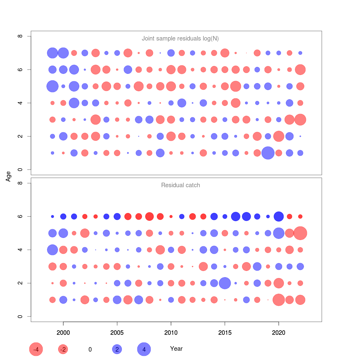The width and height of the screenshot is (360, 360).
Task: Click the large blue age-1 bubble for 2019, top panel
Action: pyautogui.click(x=268, y=153)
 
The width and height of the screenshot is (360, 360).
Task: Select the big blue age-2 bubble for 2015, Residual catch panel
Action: pyautogui.click(x=225, y=283)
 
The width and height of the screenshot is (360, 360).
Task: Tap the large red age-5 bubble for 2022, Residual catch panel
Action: pyautogui.click(x=300, y=233)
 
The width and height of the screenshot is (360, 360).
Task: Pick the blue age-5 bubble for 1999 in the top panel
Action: pyautogui.click(x=52, y=86)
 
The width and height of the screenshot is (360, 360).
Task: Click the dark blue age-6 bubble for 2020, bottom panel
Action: pyautogui.click(x=279, y=216)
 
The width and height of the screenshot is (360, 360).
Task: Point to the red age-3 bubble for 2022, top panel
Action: pyautogui.click(x=300, y=120)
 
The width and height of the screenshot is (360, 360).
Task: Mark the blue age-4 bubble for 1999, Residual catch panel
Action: pyautogui.click(x=52, y=250)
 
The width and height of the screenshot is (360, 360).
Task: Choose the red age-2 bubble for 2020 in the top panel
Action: pyautogui.click(x=279, y=136)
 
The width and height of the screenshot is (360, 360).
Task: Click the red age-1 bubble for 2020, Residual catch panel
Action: pyautogui.click(x=279, y=300)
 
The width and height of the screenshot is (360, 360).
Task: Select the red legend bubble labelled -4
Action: pyautogui.click(x=36, y=349)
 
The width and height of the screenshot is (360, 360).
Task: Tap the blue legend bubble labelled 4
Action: pyautogui.click(x=144, y=349)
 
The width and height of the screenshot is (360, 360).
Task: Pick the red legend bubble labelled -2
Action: pyautogui.click(x=63, y=349)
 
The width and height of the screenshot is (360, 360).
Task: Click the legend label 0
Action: pyautogui.click(x=90, y=349)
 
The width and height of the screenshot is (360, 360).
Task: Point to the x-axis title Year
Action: pyautogui.click(x=176, y=349)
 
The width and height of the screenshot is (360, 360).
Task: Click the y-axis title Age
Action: pyautogui.click(x=8, y=176)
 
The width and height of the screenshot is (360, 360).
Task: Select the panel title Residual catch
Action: pyautogui.click(x=181, y=185)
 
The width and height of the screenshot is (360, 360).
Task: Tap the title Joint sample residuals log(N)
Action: pyautogui.click(x=180, y=38)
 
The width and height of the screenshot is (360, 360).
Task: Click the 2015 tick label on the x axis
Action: pyautogui.click(x=225, y=332)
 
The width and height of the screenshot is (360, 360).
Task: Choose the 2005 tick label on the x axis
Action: pyautogui.click(x=117, y=332)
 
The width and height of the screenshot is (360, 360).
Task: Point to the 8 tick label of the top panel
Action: pyautogui.click(x=20, y=36)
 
